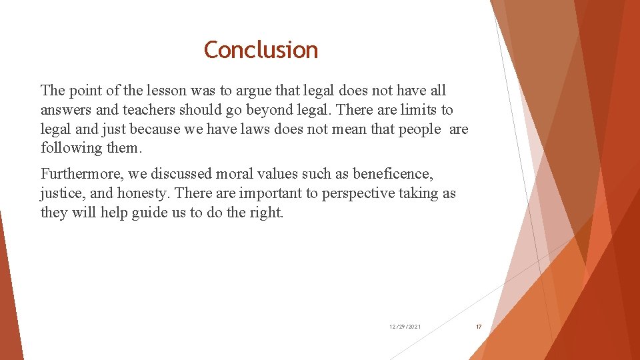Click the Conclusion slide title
[x=261, y=50]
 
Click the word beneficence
[x=393, y=174]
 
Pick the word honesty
[x=149, y=193]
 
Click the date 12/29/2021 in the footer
[x=405, y=327]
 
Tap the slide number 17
[x=478, y=327]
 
